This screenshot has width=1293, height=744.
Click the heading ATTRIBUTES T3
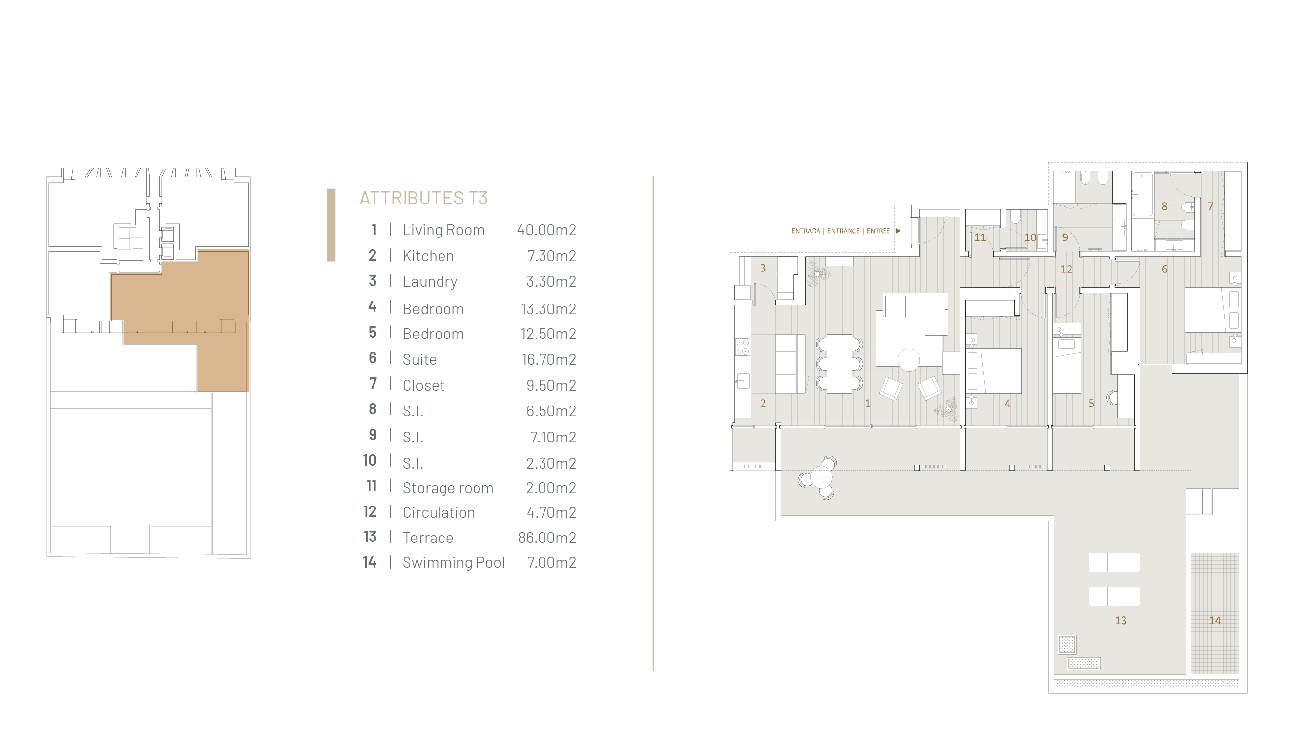click(x=423, y=198)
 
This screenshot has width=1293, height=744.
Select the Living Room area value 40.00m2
click(x=546, y=230)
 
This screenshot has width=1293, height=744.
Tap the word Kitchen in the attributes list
click(x=428, y=256)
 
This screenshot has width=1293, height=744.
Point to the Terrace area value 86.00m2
click(x=546, y=538)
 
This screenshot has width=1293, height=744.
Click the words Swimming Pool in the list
click(x=454, y=563)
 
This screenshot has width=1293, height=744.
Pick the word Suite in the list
click(x=419, y=359)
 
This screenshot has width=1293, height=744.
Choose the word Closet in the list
click(x=423, y=385)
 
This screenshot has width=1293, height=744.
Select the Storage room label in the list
click(x=448, y=488)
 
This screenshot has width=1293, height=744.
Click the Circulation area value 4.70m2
click(x=551, y=512)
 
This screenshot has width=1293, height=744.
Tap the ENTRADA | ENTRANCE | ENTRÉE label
click(x=840, y=231)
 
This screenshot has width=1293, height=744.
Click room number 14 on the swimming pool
click(x=1215, y=620)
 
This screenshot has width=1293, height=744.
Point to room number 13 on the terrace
click(x=1121, y=620)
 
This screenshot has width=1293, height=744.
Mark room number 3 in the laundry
click(x=763, y=268)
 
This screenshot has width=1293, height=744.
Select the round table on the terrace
click(x=820, y=478)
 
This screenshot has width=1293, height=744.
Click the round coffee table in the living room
click(x=909, y=360)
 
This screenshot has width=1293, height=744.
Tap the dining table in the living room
click(x=839, y=364)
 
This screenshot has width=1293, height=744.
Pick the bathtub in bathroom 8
click(x=1143, y=195)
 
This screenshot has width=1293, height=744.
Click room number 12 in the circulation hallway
click(x=1066, y=270)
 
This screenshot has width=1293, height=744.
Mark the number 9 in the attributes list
click(x=373, y=435)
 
